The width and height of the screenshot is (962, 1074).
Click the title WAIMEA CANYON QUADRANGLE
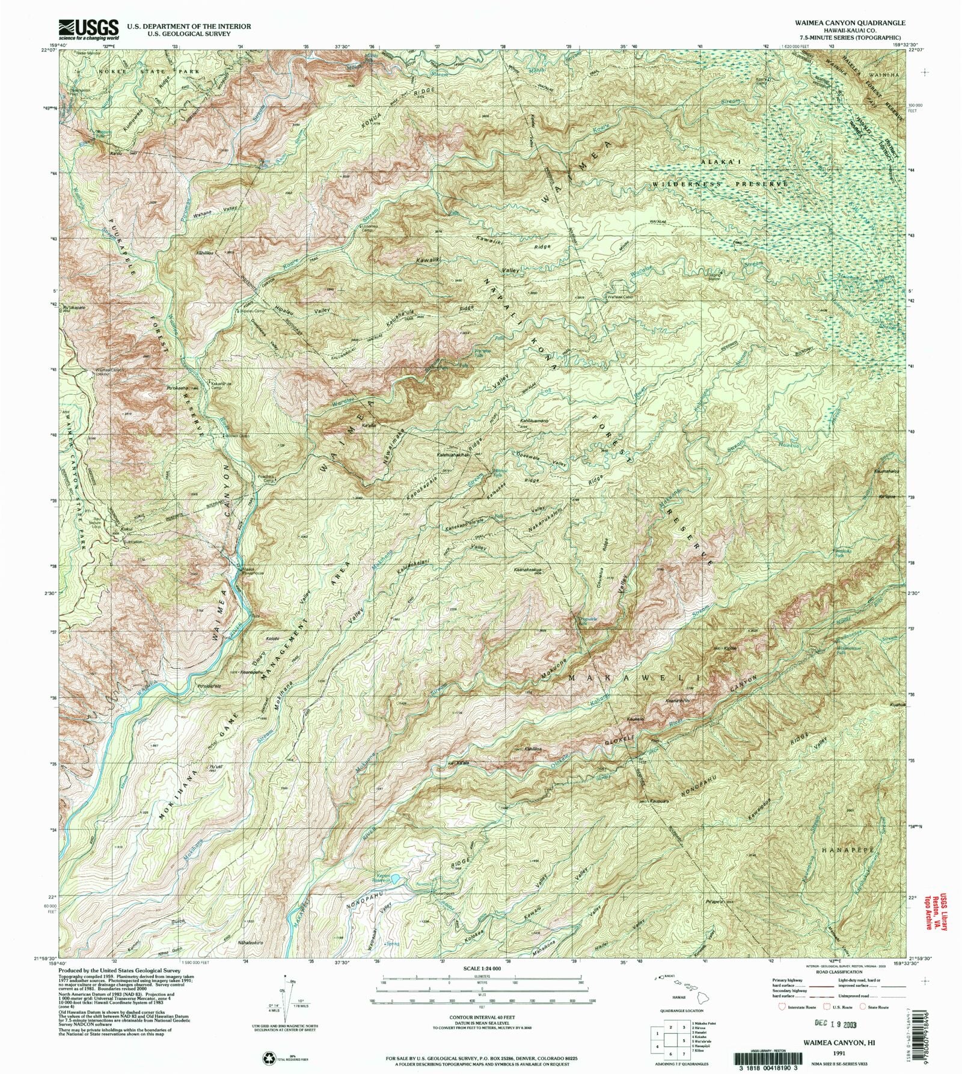(850, 22)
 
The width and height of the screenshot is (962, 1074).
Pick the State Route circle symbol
(863, 1007)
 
